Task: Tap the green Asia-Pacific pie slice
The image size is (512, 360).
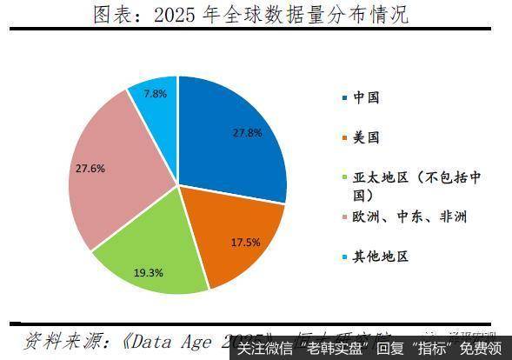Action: (x=148, y=261)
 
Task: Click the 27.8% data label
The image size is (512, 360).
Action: (x=247, y=134)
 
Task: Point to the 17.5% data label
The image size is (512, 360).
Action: (x=246, y=242)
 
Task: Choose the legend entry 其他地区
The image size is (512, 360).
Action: (x=380, y=257)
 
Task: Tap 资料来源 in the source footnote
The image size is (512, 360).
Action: (x=57, y=338)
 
